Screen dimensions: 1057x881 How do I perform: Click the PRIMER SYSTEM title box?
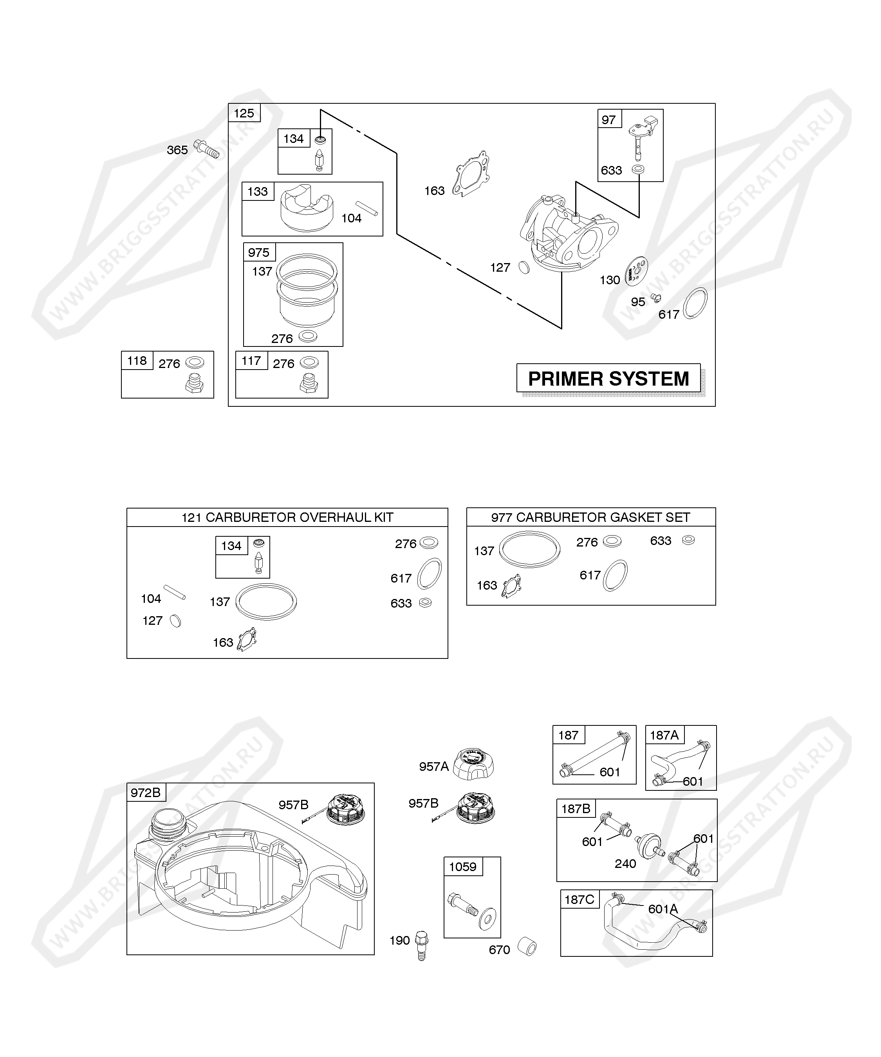(608, 378)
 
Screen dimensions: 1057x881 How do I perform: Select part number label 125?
(244, 113)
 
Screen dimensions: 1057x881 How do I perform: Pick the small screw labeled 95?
(655, 298)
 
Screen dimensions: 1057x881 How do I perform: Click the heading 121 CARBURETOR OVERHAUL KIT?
(287, 518)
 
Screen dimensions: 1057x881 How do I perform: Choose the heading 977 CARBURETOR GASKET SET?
(590, 518)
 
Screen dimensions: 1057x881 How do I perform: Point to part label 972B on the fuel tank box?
(146, 793)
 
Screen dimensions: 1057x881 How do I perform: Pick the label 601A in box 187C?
(663, 909)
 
